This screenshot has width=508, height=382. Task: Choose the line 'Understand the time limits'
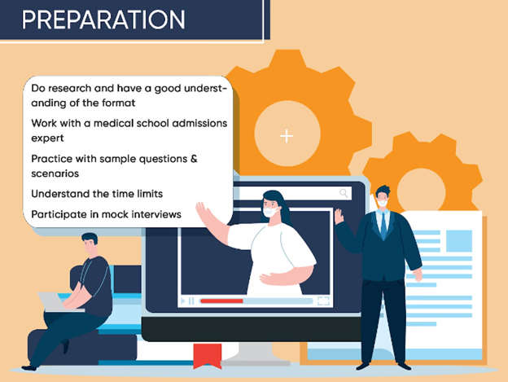pyautogui.click(x=97, y=194)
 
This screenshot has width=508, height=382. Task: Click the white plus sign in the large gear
pyautogui.click(x=287, y=136)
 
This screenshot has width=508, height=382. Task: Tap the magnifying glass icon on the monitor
pyautogui.click(x=344, y=193)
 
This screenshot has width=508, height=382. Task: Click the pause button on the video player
pyautogui.click(x=191, y=301)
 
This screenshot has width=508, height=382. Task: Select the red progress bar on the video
pyautogui.click(x=221, y=301)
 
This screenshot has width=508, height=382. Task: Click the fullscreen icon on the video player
pyautogui.click(x=323, y=301)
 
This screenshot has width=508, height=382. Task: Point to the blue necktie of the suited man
pyautogui.click(x=383, y=223)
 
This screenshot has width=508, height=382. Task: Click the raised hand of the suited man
pyautogui.click(x=339, y=216)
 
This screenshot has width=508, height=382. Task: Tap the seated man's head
pyautogui.click(x=90, y=244)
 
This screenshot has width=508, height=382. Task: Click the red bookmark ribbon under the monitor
pyautogui.click(x=201, y=356)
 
